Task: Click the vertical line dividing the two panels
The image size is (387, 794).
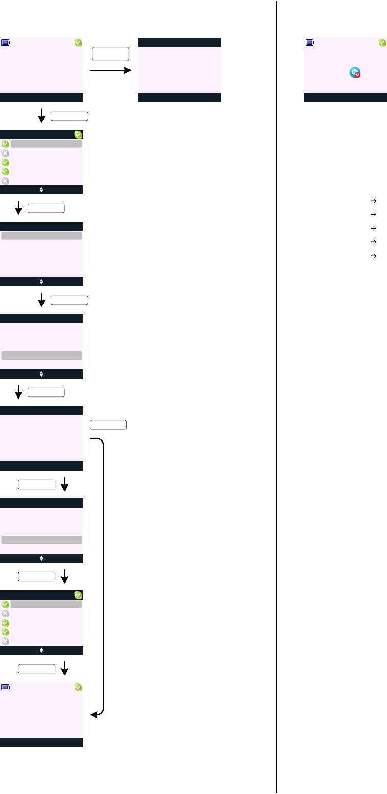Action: click(277, 397)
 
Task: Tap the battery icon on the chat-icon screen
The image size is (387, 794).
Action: click(310, 43)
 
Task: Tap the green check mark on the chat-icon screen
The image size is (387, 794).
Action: click(382, 43)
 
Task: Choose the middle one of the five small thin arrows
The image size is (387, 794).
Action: click(374, 228)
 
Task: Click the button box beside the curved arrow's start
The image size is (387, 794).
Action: click(108, 424)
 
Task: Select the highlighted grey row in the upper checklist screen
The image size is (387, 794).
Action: click(46, 144)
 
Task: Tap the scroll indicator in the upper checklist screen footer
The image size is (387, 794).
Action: click(41, 190)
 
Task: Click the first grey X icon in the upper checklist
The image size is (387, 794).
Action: click(5, 153)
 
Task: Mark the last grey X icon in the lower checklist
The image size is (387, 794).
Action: click(5, 641)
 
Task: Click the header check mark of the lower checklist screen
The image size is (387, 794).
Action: click(78, 595)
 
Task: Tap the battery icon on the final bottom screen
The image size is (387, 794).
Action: click(5, 688)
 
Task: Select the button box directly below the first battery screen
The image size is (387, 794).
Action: click(70, 116)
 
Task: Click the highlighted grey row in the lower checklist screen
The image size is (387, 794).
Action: click(46, 604)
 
